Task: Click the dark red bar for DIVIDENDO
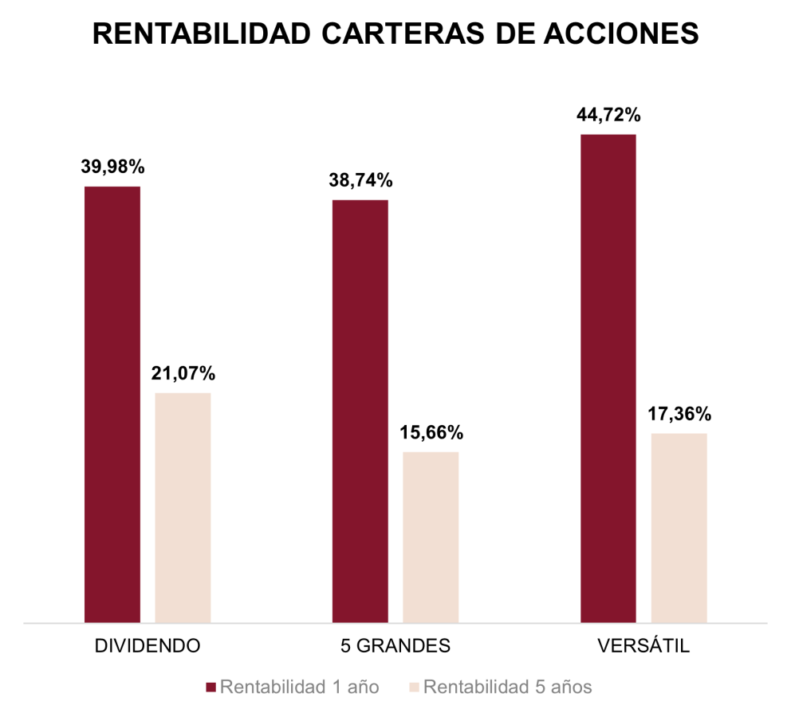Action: pos(112,404)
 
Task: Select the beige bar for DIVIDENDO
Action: pos(183,507)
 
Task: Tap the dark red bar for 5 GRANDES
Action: pos(360,411)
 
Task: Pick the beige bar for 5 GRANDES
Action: pos(431,537)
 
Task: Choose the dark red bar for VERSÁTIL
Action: pos(608,378)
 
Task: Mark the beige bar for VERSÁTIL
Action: pos(679,527)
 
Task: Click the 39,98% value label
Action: pos(112,167)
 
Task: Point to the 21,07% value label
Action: pos(183,373)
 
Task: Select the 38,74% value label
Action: pos(360,181)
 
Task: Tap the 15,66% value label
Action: pos(431,433)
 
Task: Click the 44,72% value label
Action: pos(608,116)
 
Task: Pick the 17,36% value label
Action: pos(679,415)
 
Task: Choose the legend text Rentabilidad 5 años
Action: pos(507,687)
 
